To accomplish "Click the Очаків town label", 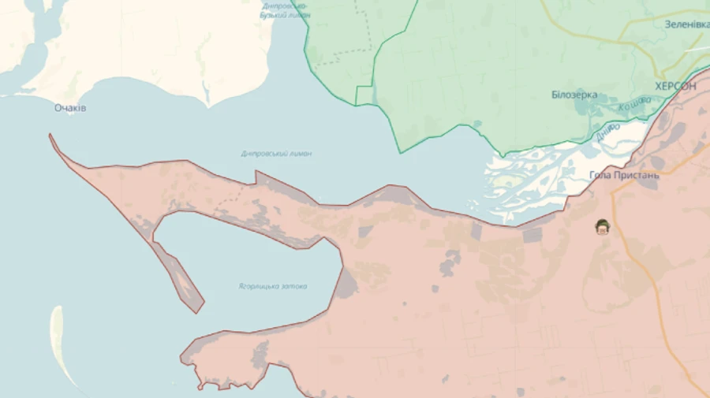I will [70, 108].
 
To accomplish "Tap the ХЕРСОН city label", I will [675, 87].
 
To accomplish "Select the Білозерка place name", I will [574, 95].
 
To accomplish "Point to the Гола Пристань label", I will [623, 175].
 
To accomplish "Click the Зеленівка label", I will [686, 24].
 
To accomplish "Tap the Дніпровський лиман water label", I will [276, 154].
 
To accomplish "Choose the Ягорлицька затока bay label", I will [273, 286].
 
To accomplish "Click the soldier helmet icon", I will [603, 228].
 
